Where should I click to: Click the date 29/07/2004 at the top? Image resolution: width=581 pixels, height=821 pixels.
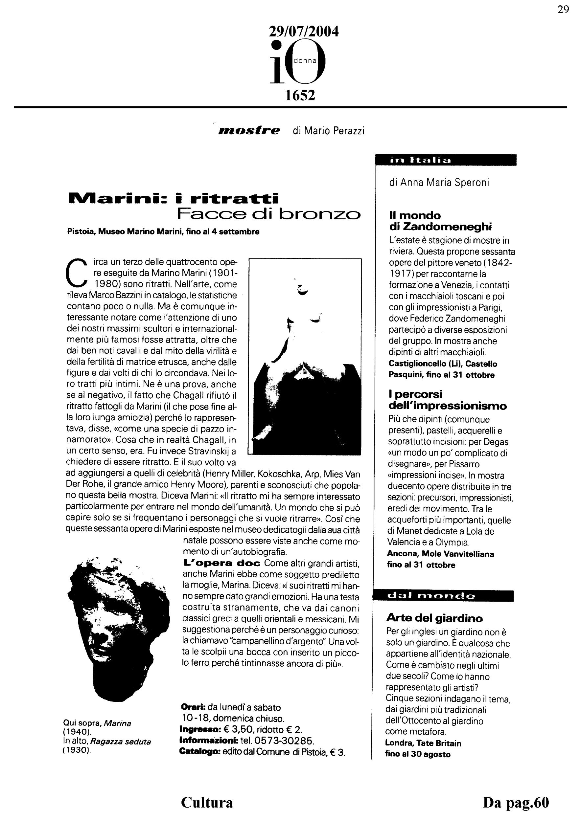tap(303, 32)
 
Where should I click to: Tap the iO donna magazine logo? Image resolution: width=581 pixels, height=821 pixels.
tap(298, 63)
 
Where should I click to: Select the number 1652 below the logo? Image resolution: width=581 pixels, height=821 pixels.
tap(300, 95)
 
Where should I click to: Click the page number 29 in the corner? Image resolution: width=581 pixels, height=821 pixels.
tap(563, 10)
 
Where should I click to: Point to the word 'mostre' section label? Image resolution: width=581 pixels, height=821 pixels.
tap(249, 130)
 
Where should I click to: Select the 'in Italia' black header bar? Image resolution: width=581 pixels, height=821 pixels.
tap(445, 160)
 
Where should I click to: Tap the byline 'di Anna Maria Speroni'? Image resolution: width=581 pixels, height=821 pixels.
tap(439, 183)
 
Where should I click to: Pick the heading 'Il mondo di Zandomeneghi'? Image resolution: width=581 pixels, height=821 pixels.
tap(440, 221)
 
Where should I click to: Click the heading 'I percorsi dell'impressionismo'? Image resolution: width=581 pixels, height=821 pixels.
tap(447, 400)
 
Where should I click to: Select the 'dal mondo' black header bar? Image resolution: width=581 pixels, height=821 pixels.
tap(443, 596)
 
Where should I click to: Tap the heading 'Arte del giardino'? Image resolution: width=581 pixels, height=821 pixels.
tap(434, 618)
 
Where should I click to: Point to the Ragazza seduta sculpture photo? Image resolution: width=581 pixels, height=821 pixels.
tap(305, 357)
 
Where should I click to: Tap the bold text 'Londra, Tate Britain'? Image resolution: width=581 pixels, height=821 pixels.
tap(423, 743)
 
